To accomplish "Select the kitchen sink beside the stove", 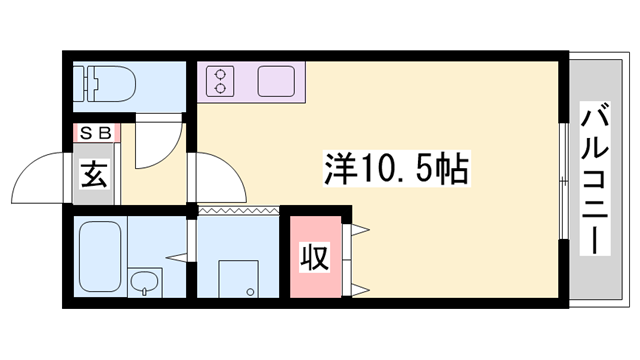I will tap(279, 80).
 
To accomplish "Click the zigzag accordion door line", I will tap(238, 211).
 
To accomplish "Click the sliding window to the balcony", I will tap(563, 180).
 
